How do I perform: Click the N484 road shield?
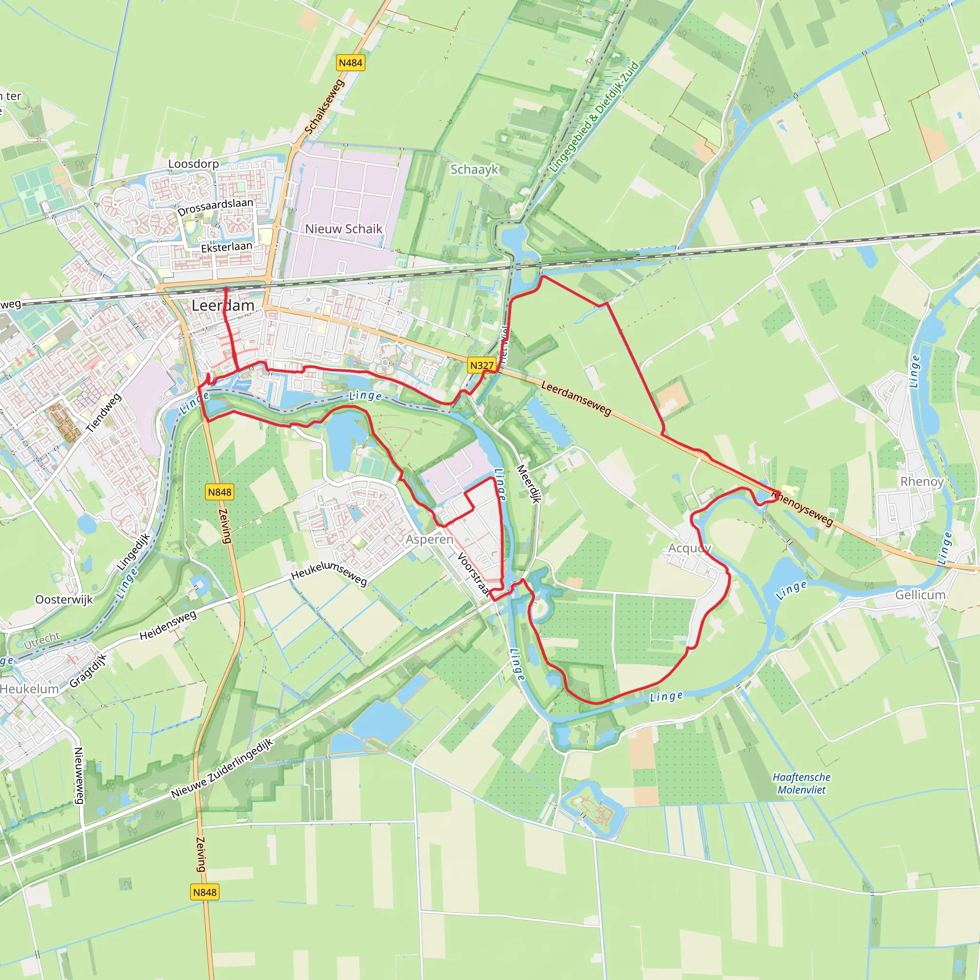point(350,63)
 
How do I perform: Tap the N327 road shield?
point(481,365)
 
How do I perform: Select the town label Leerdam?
point(223,305)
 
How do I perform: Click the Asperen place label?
point(429,539)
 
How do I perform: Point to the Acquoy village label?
point(690,548)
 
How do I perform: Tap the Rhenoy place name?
point(922,481)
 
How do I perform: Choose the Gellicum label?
point(920,594)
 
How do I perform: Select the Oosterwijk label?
point(64,600)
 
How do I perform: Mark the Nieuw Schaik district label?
point(344,229)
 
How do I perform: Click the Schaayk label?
point(474,169)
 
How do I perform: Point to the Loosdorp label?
point(193,164)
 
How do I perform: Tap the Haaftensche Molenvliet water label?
point(802,783)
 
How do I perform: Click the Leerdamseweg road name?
point(576,398)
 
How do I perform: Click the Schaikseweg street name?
point(324,107)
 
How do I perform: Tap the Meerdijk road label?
point(528,483)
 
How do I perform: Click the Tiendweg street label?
point(103,413)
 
